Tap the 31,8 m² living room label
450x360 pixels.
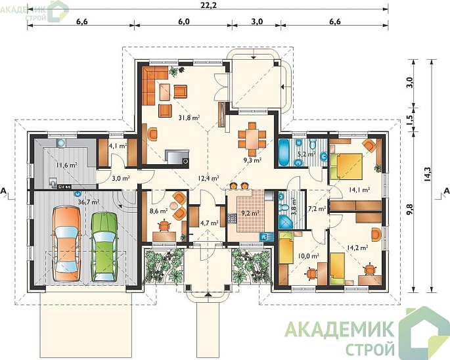[x=189, y=118]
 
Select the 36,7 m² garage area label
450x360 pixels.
[x=89, y=202]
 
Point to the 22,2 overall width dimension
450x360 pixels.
[x=208, y=5]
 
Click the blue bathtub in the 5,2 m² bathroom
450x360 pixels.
[x=284, y=152]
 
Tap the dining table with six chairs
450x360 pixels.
[x=252, y=139]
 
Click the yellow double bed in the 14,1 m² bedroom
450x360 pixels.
[x=346, y=166]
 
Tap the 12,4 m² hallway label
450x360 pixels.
[x=208, y=178]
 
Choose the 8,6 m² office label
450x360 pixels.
[x=159, y=212]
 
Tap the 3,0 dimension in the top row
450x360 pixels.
[x=257, y=22]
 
